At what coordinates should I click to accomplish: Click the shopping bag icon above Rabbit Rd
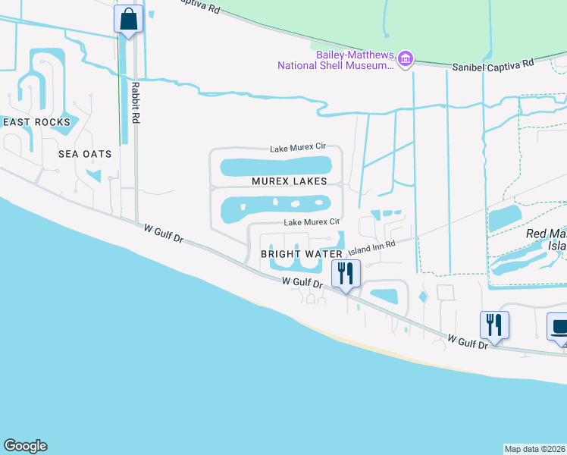[129, 20]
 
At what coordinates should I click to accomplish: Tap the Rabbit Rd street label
[136, 104]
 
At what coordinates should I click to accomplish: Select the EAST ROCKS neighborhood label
[36, 122]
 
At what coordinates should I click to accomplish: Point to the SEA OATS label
[85, 154]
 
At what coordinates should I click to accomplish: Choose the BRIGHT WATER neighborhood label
[297, 254]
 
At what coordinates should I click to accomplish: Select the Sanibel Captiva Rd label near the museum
[493, 64]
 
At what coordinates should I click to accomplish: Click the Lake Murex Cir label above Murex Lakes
[298, 149]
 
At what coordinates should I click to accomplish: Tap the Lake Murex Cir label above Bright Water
[312, 222]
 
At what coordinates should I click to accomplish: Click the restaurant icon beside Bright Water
[346, 273]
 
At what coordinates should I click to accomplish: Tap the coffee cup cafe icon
[559, 328]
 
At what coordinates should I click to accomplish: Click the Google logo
[25, 446]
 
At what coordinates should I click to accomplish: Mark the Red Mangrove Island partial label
[546, 240]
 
